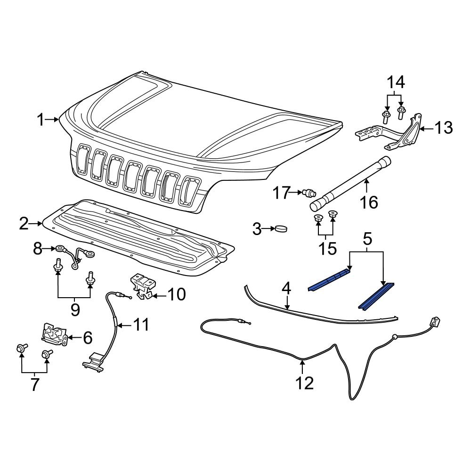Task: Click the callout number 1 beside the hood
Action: click(x=42, y=121)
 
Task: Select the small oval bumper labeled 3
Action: click(x=282, y=229)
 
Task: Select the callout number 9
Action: click(x=74, y=309)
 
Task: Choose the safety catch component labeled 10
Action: click(x=142, y=286)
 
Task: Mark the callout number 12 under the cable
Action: click(x=305, y=382)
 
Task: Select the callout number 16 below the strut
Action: click(x=369, y=203)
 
